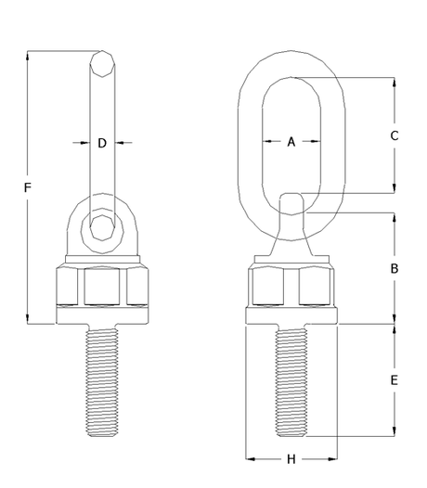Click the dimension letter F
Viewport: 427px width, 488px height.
(28, 188)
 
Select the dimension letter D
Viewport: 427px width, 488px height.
(103, 143)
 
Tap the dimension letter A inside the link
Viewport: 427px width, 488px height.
(291, 142)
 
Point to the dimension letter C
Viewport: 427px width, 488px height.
(395, 135)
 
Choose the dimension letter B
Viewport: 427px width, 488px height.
(395, 268)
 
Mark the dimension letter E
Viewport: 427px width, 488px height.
(395, 380)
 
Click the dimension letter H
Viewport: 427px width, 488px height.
(291, 459)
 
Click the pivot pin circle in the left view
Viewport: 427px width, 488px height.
(103, 226)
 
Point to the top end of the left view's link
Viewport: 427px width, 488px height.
(103, 58)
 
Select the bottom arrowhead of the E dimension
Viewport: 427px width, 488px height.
(395, 431)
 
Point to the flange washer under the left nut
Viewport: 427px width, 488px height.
(103, 315)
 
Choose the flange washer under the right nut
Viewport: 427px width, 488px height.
(291, 315)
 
